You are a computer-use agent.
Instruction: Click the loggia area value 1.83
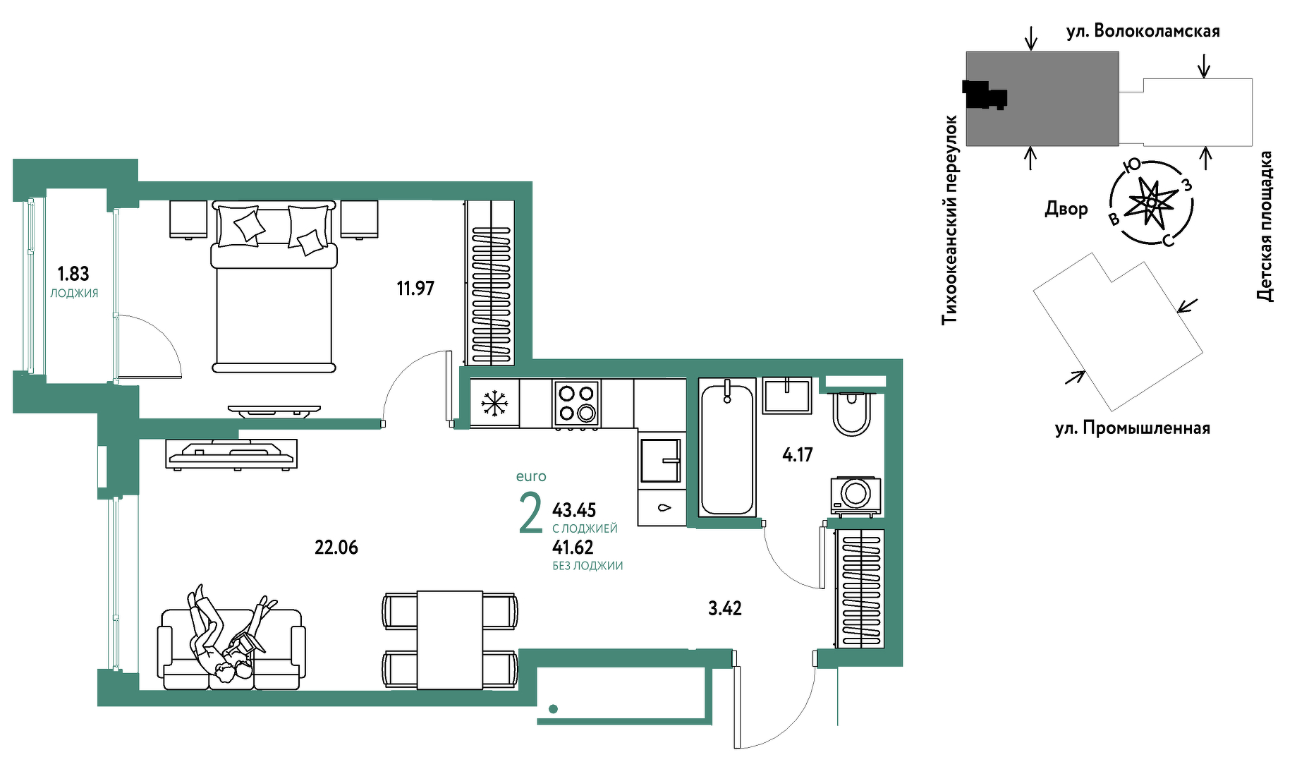click(x=73, y=274)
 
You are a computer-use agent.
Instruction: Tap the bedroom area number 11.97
click(x=415, y=288)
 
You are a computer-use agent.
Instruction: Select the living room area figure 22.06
click(x=336, y=548)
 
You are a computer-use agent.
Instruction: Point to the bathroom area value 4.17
click(x=798, y=455)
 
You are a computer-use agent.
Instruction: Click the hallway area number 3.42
click(x=725, y=608)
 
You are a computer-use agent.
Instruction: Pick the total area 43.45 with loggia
click(x=574, y=510)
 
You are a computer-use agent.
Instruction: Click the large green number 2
click(x=530, y=513)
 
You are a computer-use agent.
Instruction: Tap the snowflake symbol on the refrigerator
click(x=494, y=404)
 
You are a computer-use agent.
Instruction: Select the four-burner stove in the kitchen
click(x=577, y=404)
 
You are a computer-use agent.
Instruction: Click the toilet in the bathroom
click(x=852, y=412)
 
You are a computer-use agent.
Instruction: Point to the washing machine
click(x=855, y=495)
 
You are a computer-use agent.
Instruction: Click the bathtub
click(x=727, y=447)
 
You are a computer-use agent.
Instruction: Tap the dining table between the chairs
click(x=450, y=640)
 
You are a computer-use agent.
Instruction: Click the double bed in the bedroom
click(x=274, y=287)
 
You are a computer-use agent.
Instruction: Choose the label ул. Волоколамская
click(x=1143, y=31)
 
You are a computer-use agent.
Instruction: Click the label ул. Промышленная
click(x=1133, y=428)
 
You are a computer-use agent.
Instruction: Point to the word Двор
click(x=1066, y=209)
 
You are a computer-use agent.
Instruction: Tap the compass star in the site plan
click(x=1151, y=203)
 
